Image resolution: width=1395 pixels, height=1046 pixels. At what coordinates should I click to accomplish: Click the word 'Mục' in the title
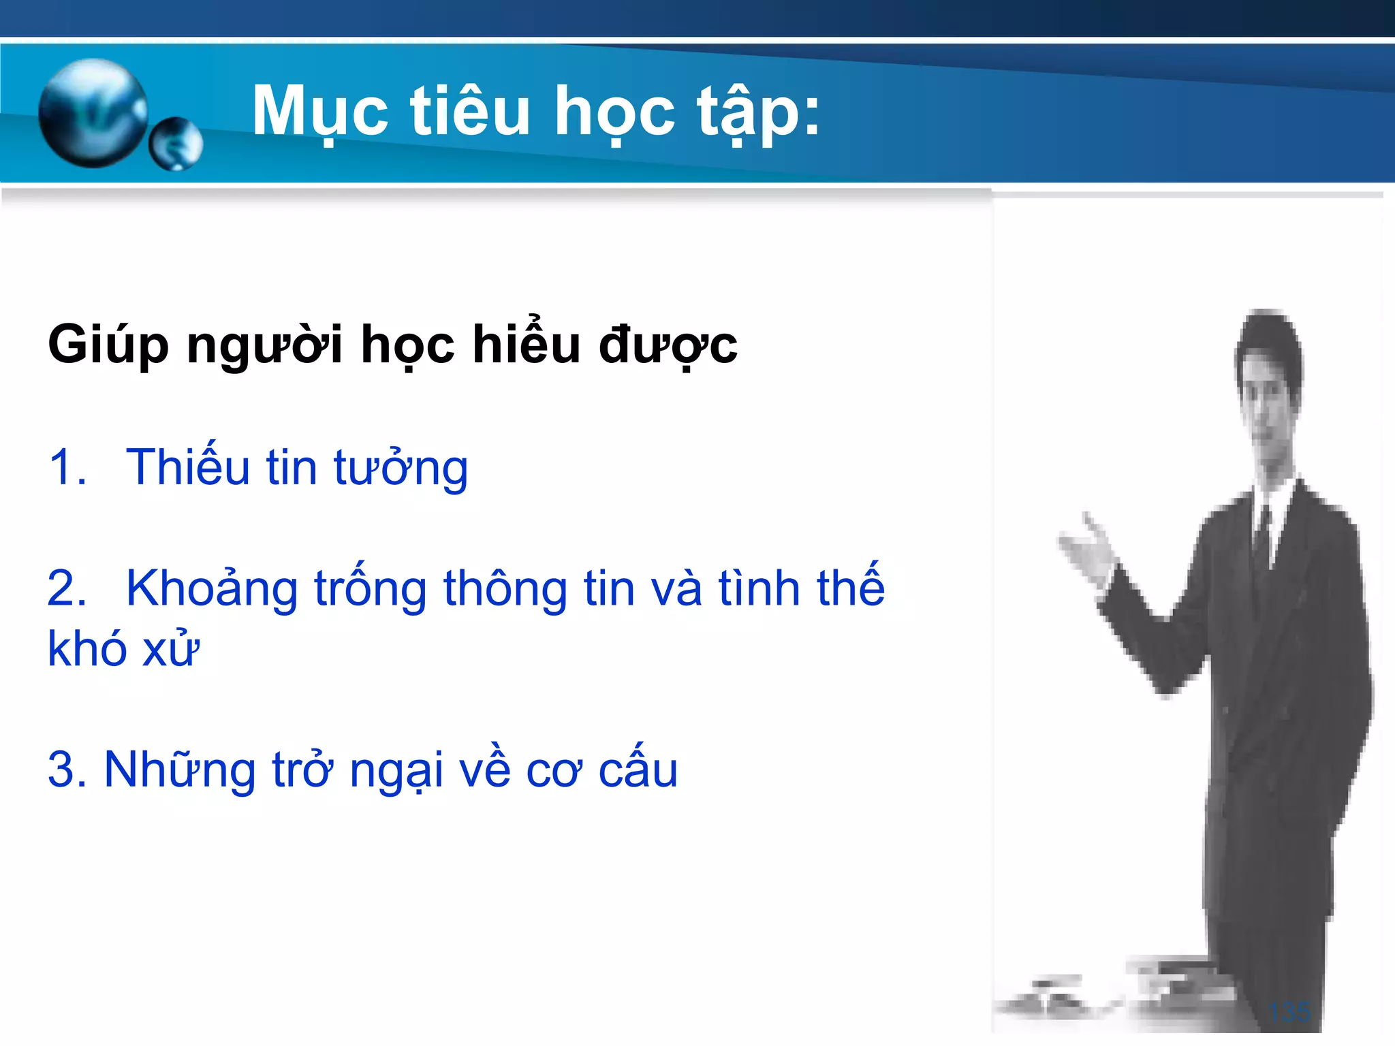coord(320,112)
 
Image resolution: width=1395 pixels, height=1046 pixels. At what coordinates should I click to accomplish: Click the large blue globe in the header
coord(93,113)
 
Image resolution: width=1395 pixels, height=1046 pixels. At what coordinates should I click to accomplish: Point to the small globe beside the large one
coord(176,144)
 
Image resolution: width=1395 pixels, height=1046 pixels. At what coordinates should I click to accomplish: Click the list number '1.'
coord(67,468)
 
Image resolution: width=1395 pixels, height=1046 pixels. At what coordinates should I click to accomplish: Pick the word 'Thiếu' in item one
coord(188,466)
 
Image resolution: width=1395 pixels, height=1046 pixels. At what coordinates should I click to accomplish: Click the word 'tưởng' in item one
coord(401,468)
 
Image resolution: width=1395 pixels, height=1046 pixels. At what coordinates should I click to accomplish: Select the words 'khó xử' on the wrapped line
coord(123,648)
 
